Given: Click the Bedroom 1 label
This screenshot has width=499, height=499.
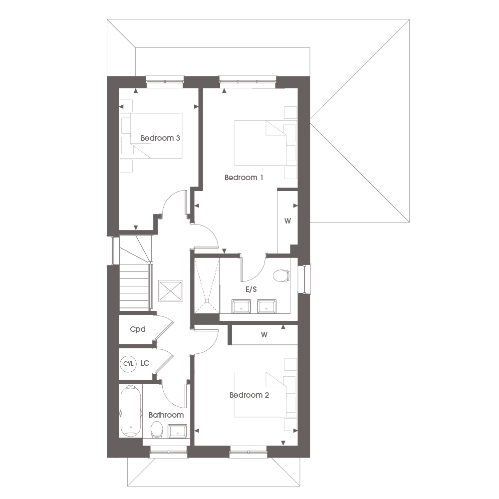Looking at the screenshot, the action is (x=244, y=178).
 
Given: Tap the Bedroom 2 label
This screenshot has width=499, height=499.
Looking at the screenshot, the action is (x=249, y=395).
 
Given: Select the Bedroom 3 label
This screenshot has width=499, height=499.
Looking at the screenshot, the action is (x=160, y=138).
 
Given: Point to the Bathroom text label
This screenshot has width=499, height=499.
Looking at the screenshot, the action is (x=166, y=415).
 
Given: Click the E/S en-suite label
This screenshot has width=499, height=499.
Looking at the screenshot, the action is (x=251, y=289).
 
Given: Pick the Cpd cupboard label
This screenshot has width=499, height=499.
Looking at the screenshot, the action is (x=138, y=329).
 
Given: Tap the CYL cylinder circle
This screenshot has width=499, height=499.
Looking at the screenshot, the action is (x=128, y=363).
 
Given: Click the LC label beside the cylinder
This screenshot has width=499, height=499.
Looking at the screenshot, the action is (x=145, y=363).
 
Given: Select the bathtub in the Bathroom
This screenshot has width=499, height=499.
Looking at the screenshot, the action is (x=130, y=411).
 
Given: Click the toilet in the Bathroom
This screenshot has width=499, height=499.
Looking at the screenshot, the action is (x=156, y=430).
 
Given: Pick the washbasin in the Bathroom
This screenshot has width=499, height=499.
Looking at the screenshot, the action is (x=177, y=431).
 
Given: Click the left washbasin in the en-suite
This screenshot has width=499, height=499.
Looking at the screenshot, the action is (x=241, y=306).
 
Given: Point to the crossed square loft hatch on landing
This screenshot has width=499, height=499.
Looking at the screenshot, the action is (x=171, y=290).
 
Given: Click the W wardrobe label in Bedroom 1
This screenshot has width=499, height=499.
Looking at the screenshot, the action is (x=288, y=221).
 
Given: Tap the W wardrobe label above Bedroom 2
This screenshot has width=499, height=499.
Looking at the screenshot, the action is (x=264, y=334).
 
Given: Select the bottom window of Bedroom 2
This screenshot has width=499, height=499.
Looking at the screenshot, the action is (x=248, y=452).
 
